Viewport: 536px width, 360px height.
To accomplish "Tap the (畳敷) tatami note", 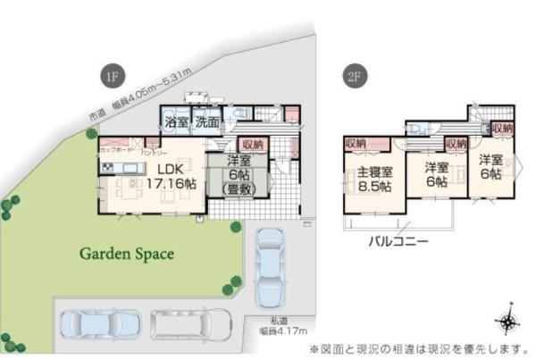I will (x=238, y=188).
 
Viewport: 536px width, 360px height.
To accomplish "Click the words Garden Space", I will (x=127, y=253).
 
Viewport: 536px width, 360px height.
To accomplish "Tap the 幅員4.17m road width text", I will (x=277, y=333).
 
